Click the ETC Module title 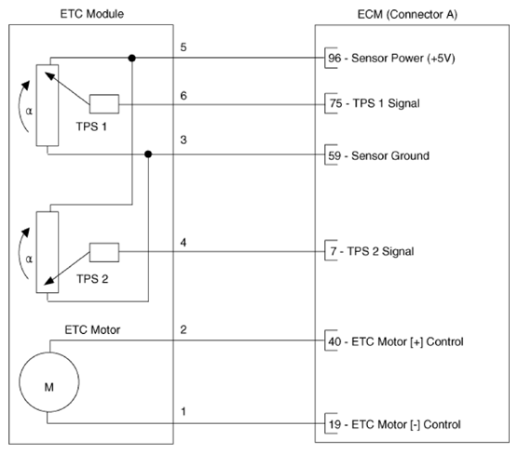tap(92, 14)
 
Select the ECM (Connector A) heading tap(407, 15)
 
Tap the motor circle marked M tap(49, 382)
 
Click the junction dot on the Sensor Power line tap(131, 58)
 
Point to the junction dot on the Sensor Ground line tap(148, 154)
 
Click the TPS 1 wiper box tap(104, 104)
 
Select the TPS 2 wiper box tap(104, 252)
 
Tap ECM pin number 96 tap(334, 58)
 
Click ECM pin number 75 tap(335, 103)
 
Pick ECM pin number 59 tap(334, 155)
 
